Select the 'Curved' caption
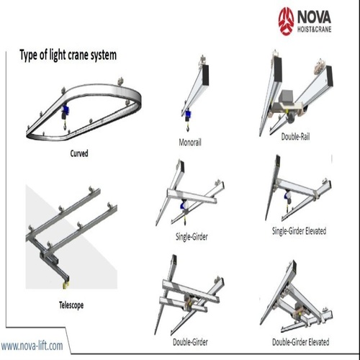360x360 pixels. click(x=78, y=153)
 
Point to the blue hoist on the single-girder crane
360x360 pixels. click(x=178, y=209)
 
